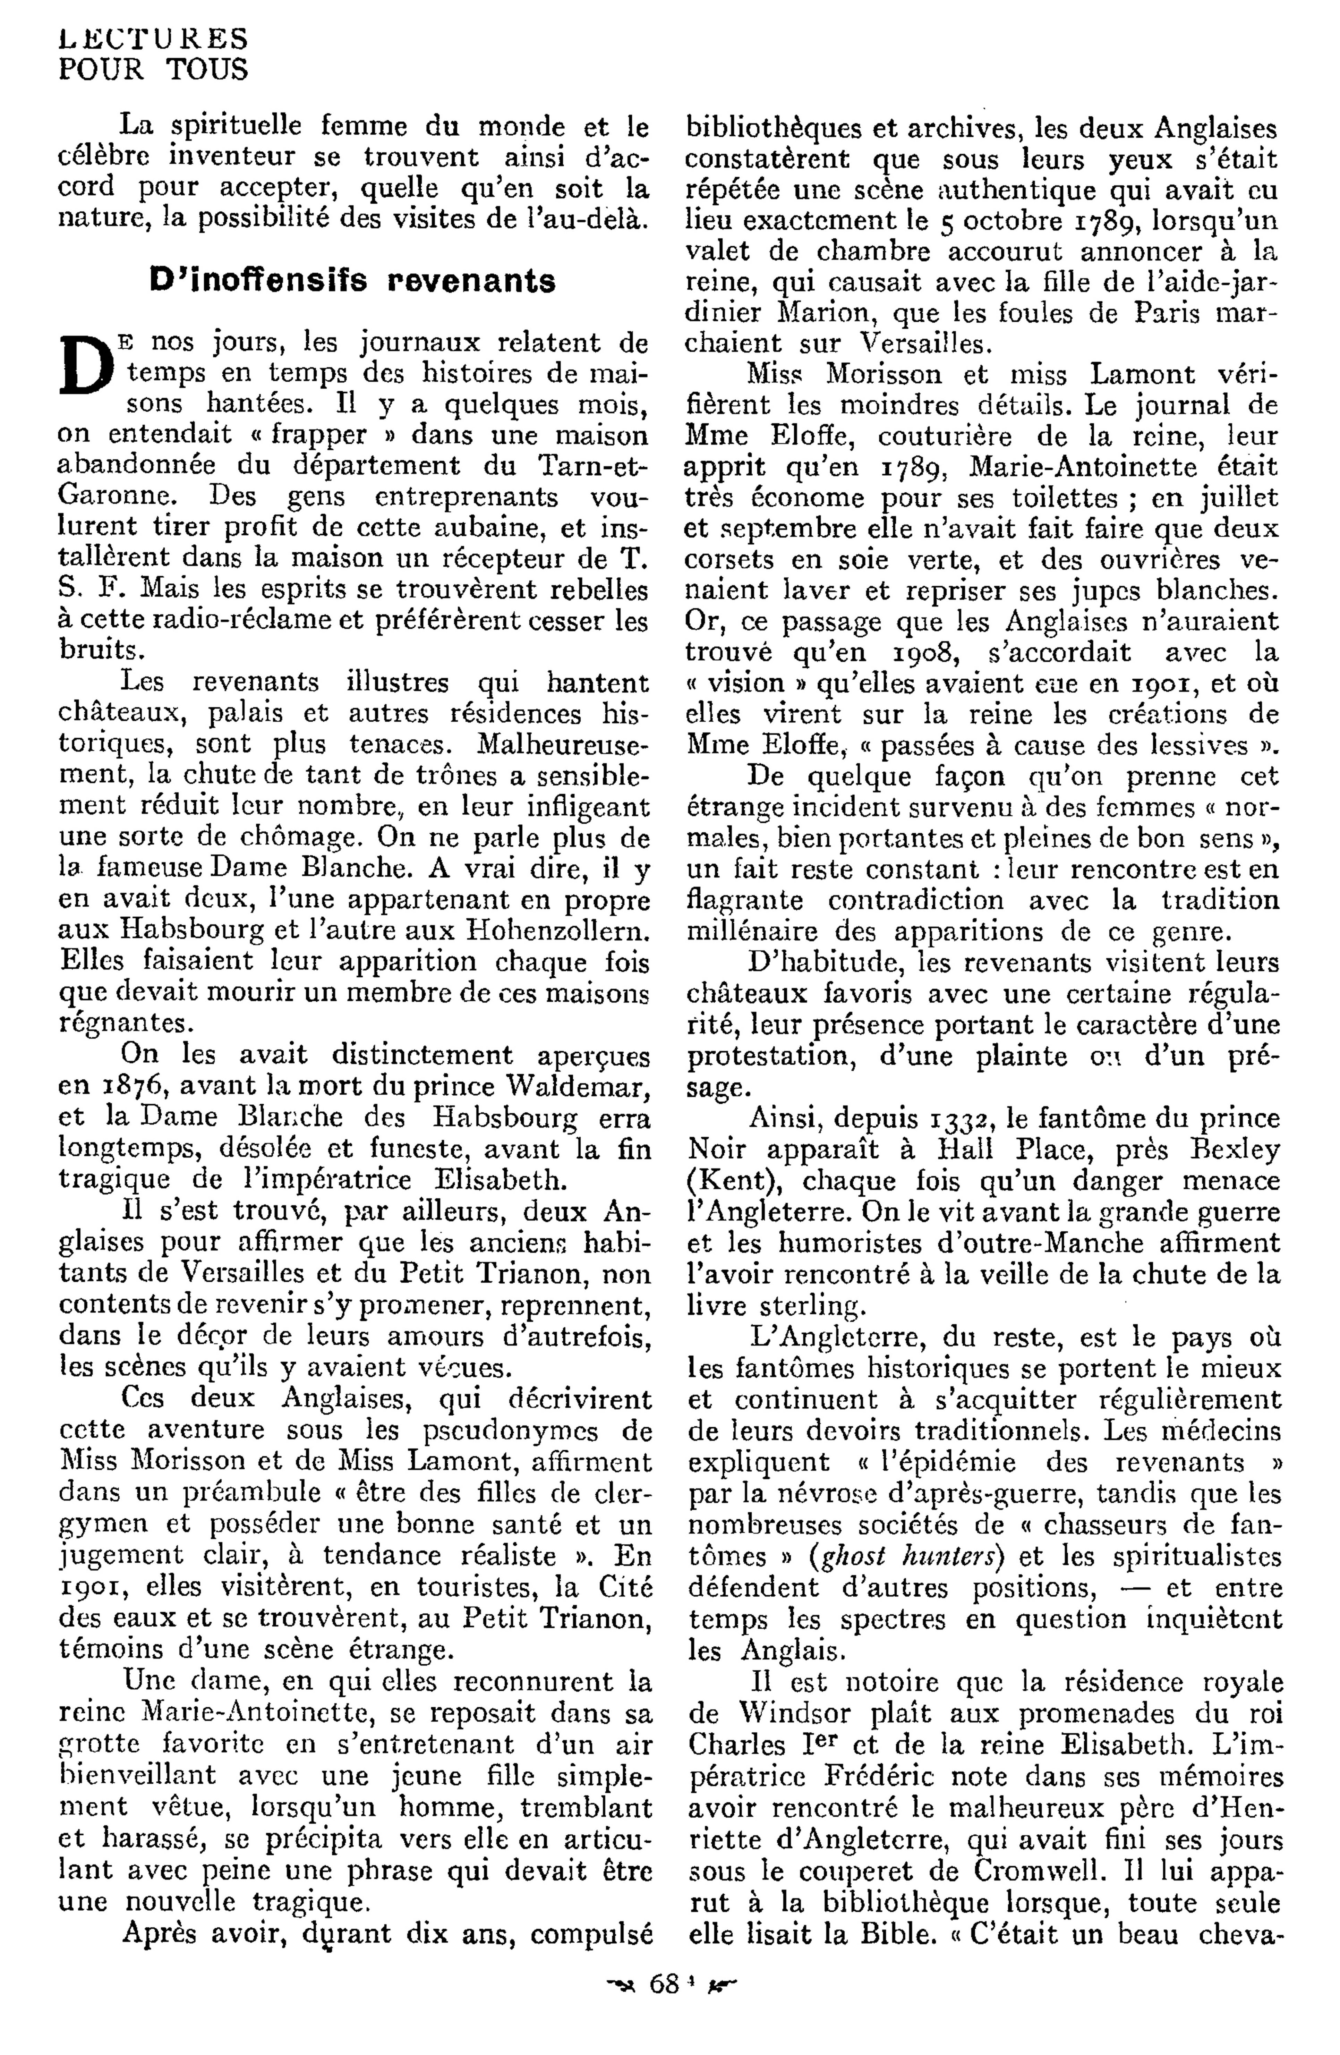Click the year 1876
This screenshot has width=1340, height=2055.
coord(128,1086)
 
